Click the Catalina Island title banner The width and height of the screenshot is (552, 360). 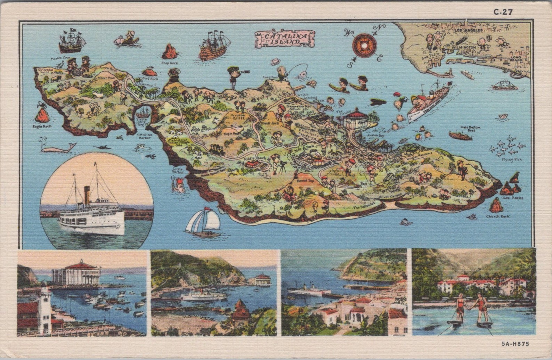[285, 39]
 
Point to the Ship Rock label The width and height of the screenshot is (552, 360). [169, 63]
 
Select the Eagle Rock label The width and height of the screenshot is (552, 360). [42, 126]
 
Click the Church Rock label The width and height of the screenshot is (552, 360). [498, 216]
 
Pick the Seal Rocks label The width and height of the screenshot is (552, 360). [512, 198]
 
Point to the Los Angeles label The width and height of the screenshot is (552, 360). [469, 31]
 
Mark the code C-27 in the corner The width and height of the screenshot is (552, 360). [503, 12]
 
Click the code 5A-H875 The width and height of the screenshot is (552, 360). [515, 344]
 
